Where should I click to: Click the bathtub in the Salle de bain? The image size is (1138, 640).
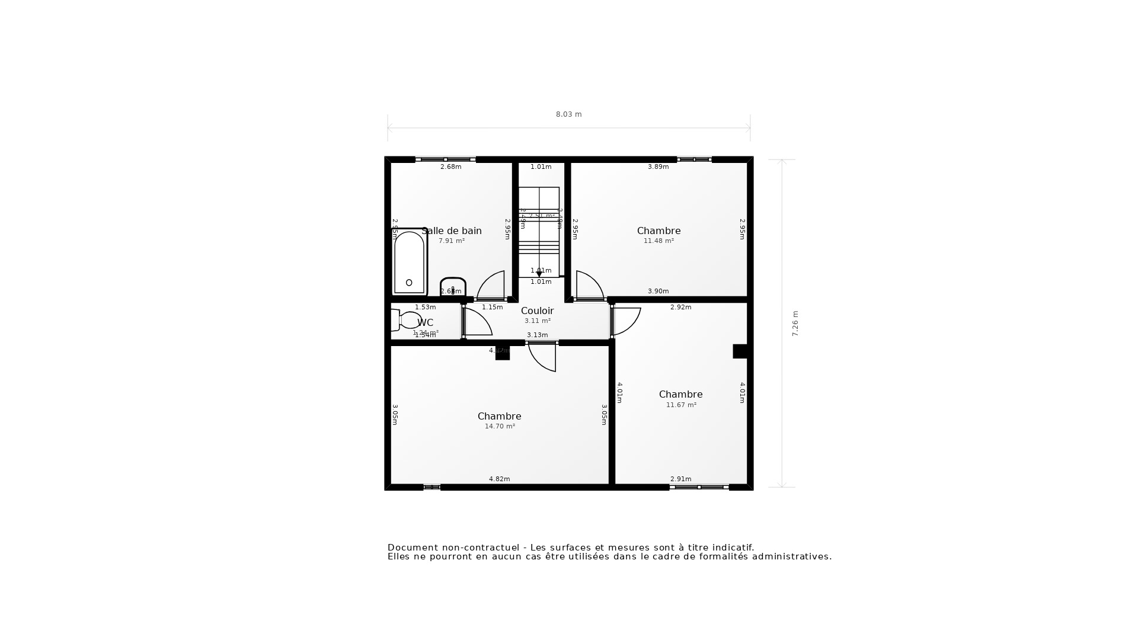click(409, 263)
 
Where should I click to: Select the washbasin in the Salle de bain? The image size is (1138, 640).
click(453, 286)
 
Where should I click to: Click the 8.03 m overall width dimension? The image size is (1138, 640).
click(568, 114)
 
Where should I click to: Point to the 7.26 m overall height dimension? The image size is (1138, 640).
click(795, 324)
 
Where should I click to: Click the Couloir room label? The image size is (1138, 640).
click(537, 311)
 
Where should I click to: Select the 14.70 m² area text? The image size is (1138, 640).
click(500, 427)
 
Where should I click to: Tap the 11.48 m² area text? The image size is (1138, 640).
click(658, 241)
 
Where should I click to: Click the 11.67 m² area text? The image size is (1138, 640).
click(681, 405)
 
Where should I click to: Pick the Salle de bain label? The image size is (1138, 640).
click(452, 231)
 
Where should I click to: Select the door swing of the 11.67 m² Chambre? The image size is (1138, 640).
click(626, 321)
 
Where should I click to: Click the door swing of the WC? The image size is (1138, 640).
click(477, 322)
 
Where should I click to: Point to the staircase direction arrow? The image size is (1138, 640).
click(539, 274)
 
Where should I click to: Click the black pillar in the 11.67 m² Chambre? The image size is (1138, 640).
click(740, 351)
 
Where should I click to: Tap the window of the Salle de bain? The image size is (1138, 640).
click(446, 159)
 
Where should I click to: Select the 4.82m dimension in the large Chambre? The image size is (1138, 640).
click(499, 479)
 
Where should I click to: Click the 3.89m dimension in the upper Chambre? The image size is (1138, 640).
click(658, 167)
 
